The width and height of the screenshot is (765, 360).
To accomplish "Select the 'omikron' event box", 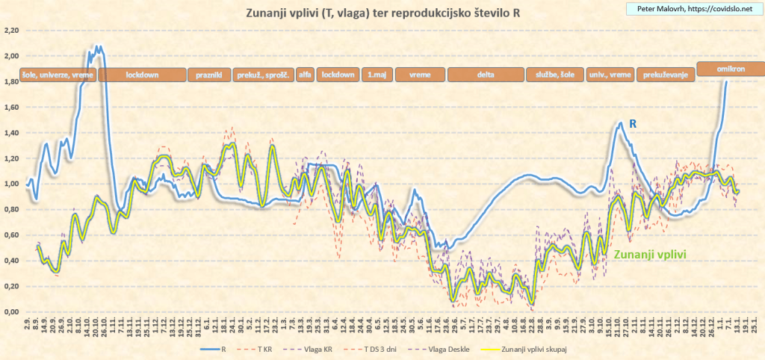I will pyautogui.click(x=731, y=68).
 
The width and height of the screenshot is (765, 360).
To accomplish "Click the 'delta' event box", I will pyautogui.click(x=486, y=75).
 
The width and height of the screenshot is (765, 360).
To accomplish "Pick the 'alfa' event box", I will pyautogui.click(x=305, y=75).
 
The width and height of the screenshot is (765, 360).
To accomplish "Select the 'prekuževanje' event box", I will pyautogui.click(x=665, y=75).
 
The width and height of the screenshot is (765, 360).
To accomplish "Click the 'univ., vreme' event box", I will pyautogui.click(x=610, y=75).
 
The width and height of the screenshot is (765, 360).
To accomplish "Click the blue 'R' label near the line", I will pyautogui.click(x=632, y=122).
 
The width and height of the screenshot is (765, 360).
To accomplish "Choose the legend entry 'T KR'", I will pyautogui.click(x=264, y=348).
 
